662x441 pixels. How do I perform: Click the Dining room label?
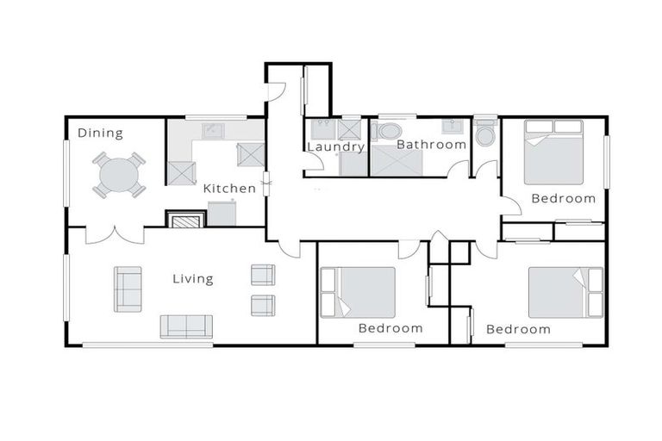[100, 133]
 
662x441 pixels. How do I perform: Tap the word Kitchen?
[229, 188]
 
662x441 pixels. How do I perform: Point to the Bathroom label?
[431, 145]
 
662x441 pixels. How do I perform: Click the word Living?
[192, 278]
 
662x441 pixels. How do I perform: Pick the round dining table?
[118, 175]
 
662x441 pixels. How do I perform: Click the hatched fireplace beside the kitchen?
[185, 220]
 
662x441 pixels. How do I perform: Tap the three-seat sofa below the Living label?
[185, 326]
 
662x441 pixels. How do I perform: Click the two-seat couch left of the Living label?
[128, 289]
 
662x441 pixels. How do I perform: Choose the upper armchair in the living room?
[262, 275]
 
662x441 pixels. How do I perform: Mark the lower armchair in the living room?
[262, 305]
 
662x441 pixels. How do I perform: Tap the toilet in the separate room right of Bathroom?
[484, 134]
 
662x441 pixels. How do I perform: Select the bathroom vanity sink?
[453, 127]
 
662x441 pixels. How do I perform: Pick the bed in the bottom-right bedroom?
[565, 292]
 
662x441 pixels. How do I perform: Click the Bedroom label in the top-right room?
[563, 198]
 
